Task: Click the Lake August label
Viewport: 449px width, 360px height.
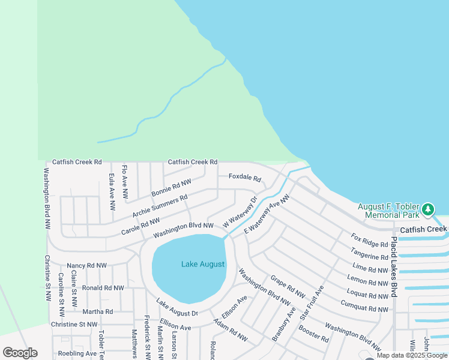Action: (x=203, y=264)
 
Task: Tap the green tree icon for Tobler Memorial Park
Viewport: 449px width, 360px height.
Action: (x=427, y=209)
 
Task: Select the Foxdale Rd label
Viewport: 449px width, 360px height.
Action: (x=245, y=179)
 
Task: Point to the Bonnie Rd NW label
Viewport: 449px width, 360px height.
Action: (x=171, y=188)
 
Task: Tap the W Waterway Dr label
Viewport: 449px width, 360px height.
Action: (x=240, y=212)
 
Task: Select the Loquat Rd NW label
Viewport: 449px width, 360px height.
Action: (x=367, y=295)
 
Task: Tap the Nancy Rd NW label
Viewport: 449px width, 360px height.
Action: (x=86, y=265)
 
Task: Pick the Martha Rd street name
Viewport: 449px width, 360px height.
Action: (x=97, y=311)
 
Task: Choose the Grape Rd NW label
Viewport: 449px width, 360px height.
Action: (x=288, y=287)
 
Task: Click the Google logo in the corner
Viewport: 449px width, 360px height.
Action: (x=20, y=352)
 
